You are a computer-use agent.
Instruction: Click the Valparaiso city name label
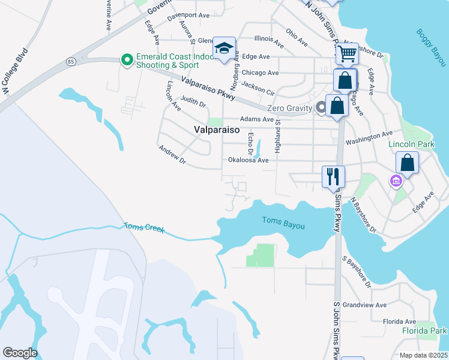pyautogui.click(x=217, y=130)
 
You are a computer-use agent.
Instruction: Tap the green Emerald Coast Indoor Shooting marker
pyautogui.click(x=127, y=59)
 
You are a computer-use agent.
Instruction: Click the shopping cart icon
pyautogui.click(x=347, y=54)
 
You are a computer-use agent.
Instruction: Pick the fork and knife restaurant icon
pyautogui.click(x=333, y=176)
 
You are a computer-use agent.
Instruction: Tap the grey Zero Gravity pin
pyautogui.click(x=321, y=108)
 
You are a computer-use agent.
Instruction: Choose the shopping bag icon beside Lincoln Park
pyautogui.click(x=407, y=163)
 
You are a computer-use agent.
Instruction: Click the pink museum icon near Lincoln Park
pyautogui.click(x=395, y=180)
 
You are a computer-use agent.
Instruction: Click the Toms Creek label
pyautogui.click(x=143, y=227)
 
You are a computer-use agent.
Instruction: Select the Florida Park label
pyautogui.click(x=424, y=331)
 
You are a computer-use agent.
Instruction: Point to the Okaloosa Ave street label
pyautogui.click(x=248, y=160)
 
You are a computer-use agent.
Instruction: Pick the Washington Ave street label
pyautogui.click(x=369, y=138)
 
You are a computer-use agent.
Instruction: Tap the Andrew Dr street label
pyautogui.click(x=172, y=155)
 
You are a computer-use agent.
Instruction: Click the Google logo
pyautogui.click(x=20, y=353)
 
